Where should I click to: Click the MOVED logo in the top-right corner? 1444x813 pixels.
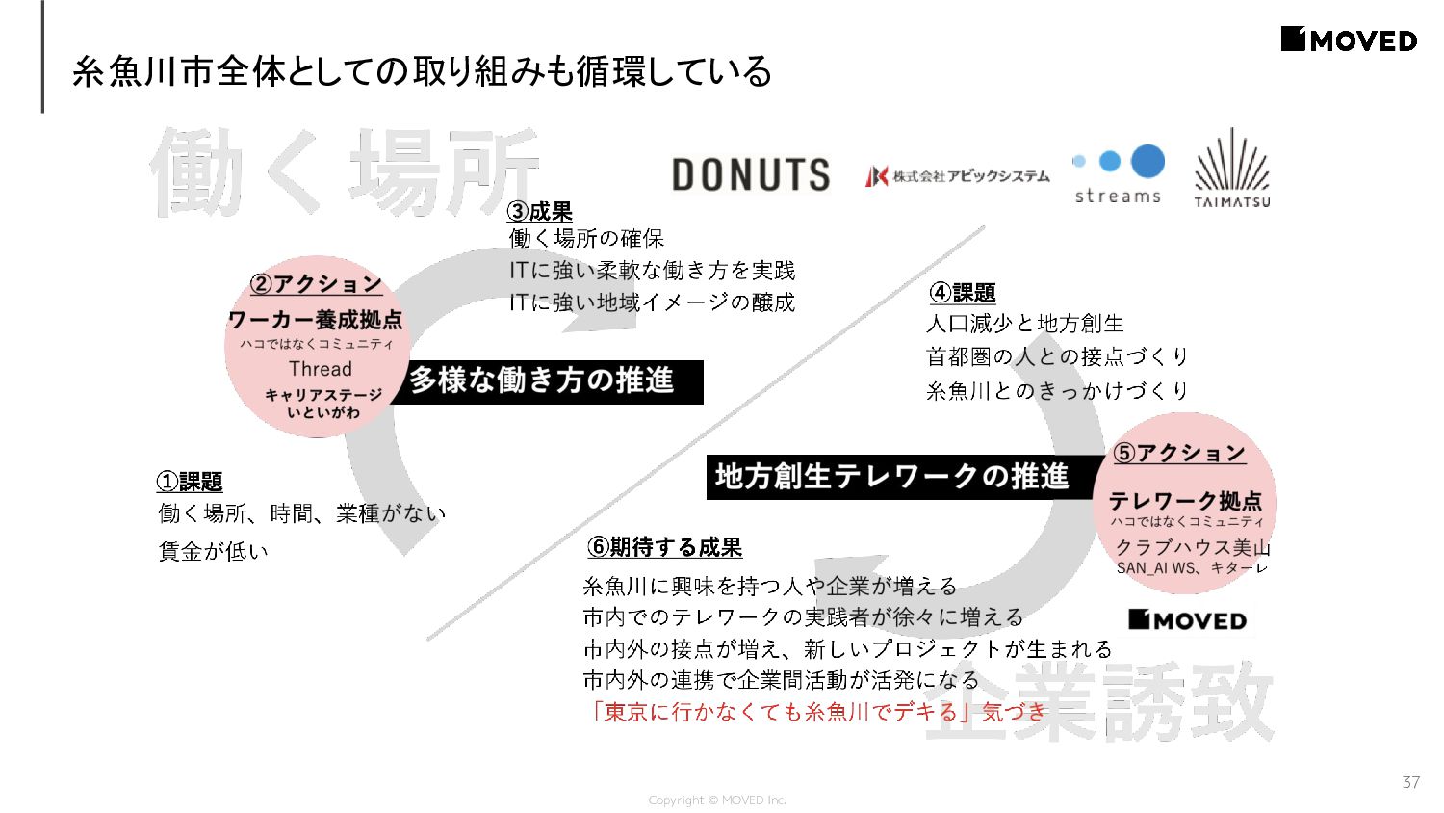coord(1349,40)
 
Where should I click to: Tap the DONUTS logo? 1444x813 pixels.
coord(750,174)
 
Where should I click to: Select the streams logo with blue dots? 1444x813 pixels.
coord(1119,174)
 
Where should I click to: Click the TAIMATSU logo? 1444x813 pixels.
coord(1232,170)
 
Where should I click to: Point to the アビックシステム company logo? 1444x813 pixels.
coord(957,176)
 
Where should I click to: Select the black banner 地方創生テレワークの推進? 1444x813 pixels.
coord(892,477)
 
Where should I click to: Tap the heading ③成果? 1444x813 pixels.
coord(540,212)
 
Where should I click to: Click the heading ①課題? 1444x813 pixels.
coord(190,482)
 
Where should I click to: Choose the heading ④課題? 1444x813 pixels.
coord(962,293)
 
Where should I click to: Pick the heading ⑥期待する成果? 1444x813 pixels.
coord(664,548)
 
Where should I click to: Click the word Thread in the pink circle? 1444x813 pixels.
coord(321,369)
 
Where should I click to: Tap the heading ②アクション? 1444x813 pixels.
coord(316,284)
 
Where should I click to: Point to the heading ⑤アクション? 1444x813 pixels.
coord(1179,454)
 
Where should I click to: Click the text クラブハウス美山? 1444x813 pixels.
coord(1193,548)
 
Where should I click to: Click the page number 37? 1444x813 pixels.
coord(1410,782)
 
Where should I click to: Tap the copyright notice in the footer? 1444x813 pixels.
coord(717,800)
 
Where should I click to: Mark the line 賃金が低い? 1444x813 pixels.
coord(214,551)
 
